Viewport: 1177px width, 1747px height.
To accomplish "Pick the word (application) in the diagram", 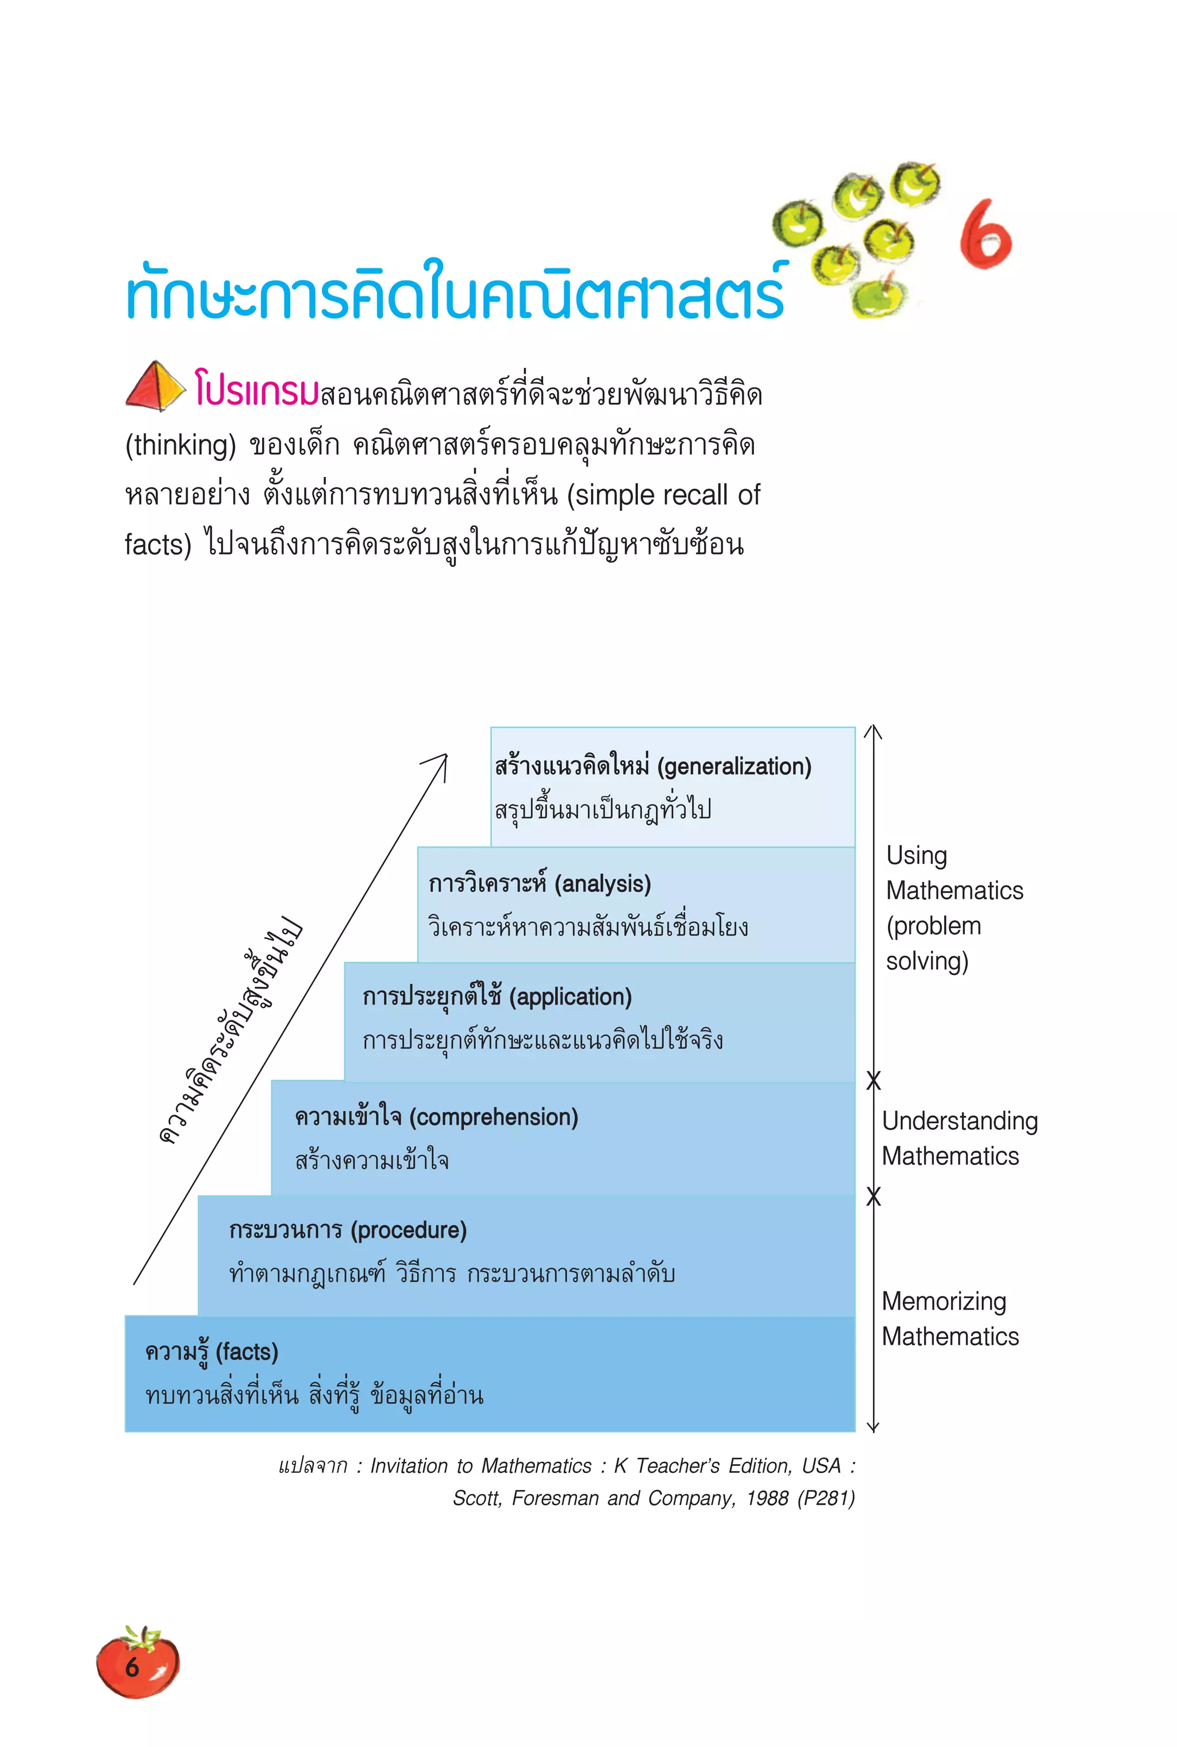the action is coord(571,996).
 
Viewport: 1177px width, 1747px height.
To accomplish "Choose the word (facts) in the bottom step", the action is coord(247,1352).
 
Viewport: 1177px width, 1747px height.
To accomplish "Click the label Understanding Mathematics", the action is coord(959,1138).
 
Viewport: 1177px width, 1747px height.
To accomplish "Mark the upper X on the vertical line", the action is coord(873,1080).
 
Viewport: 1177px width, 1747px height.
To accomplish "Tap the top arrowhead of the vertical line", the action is coord(872,729).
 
